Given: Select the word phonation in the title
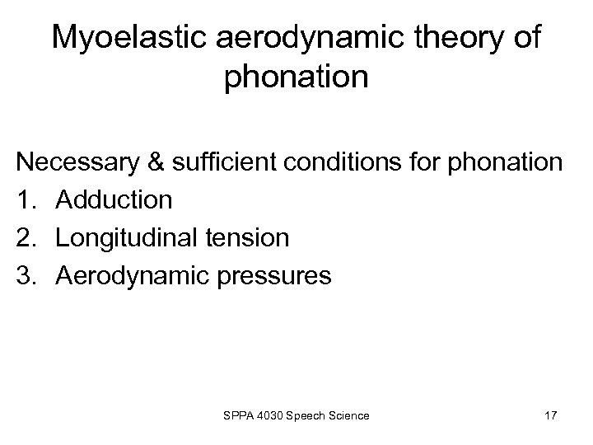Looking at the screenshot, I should [296, 78].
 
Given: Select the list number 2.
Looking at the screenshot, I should [26, 238].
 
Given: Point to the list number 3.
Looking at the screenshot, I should [26, 275].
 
